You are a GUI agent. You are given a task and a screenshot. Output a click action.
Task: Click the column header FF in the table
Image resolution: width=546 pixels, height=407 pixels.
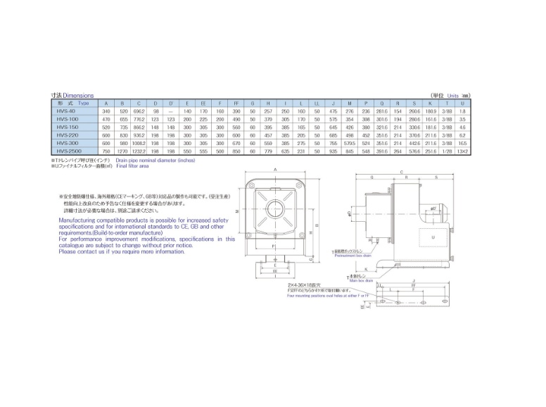(236, 104)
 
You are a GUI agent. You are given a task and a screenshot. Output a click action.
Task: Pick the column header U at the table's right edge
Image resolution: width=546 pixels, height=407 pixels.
(462, 104)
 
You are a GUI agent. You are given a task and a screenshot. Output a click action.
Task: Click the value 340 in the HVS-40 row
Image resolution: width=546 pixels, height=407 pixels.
(107, 111)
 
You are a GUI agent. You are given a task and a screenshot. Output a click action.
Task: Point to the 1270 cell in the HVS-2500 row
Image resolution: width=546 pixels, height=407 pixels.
(123, 150)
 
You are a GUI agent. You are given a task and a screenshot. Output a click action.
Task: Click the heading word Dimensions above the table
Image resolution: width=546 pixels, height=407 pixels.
(78, 95)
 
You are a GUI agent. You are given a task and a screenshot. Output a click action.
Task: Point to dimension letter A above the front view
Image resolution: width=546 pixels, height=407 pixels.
(274, 170)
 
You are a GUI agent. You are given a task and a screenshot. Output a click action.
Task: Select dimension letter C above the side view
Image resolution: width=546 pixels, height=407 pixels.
(401, 172)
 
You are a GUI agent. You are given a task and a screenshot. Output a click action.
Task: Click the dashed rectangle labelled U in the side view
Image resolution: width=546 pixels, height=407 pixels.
(432, 237)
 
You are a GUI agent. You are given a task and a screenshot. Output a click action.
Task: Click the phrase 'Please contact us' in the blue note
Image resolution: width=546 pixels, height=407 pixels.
(82, 251)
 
